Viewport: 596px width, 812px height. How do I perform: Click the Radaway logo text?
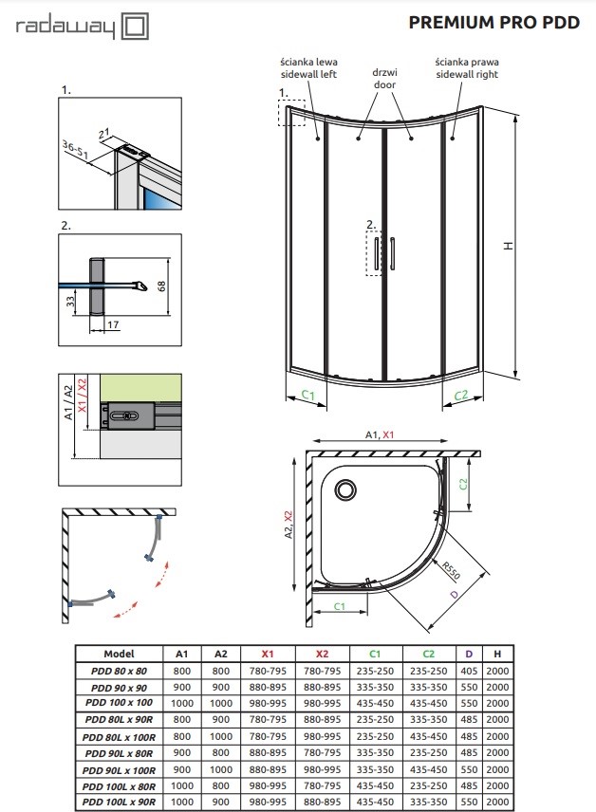point(66,28)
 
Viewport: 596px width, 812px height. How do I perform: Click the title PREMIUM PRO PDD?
point(494,24)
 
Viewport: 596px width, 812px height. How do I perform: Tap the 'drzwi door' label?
point(384,78)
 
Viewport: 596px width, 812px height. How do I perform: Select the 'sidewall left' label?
point(309,74)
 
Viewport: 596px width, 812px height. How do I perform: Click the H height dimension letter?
point(508,246)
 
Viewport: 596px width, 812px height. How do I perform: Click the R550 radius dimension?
point(452,572)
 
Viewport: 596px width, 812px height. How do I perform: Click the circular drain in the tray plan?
point(345,490)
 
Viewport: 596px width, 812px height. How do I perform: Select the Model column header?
point(119,654)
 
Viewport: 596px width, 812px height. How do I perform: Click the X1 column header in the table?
point(269,654)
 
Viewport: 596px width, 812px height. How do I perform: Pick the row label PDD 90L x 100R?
point(119,770)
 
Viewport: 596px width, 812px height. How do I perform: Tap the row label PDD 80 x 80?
point(119,670)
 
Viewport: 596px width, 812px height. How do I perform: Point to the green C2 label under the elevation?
point(461,396)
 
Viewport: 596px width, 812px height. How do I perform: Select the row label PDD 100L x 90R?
point(119,802)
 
